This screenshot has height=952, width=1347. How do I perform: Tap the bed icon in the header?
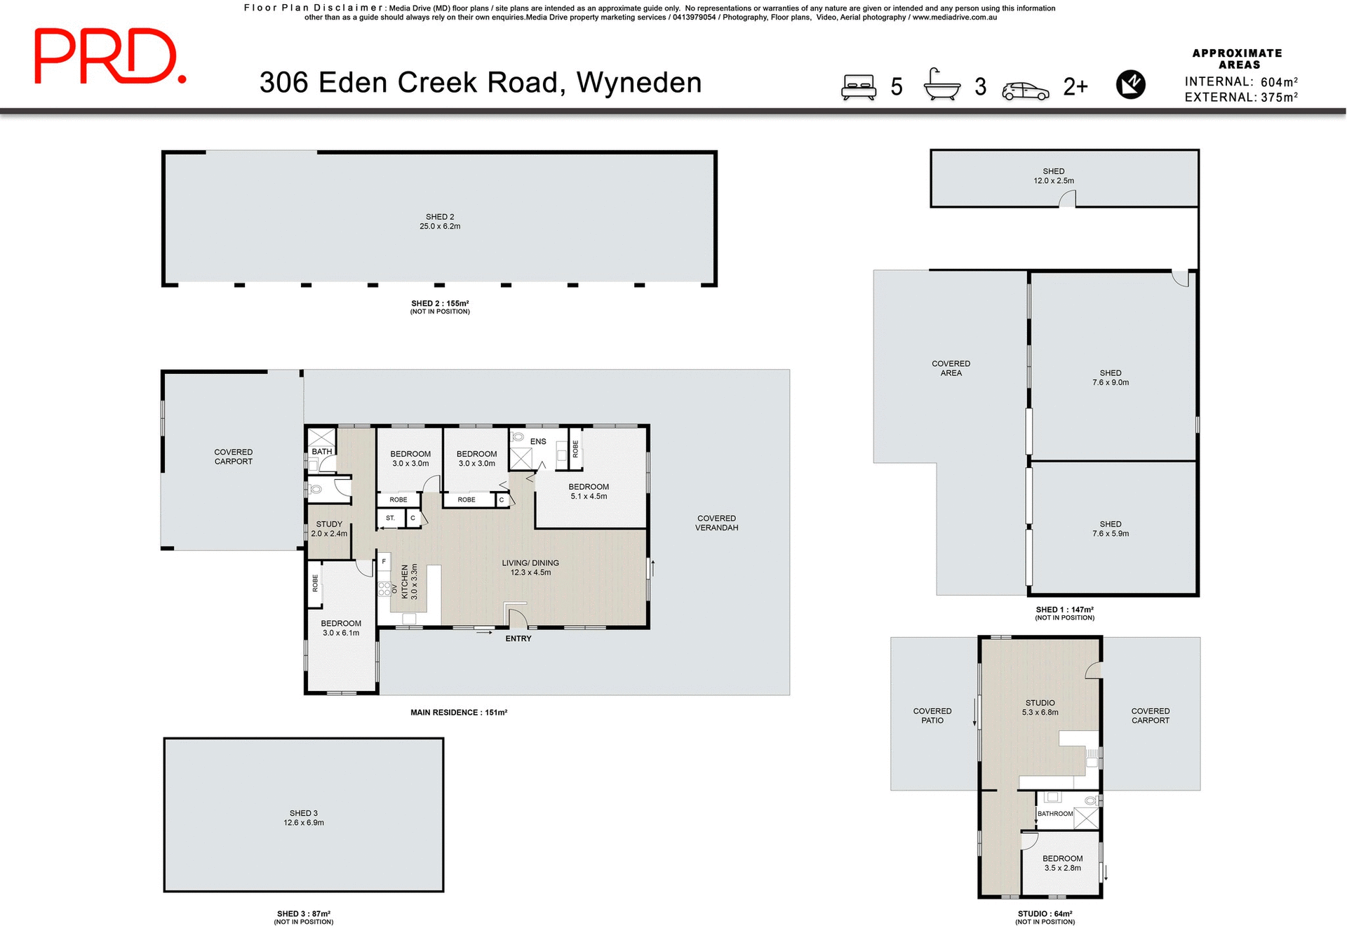(x=859, y=87)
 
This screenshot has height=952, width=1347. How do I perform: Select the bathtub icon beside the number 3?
(x=941, y=86)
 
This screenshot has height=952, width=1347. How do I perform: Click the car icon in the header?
(x=1025, y=91)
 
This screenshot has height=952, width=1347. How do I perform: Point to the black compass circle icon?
(x=1130, y=85)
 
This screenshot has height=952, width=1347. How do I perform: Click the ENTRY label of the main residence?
(x=518, y=638)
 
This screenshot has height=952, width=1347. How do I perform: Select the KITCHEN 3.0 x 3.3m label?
(x=409, y=582)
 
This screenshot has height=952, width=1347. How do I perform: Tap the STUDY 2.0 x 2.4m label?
(x=329, y=529)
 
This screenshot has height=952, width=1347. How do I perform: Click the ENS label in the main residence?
(x=538, y=441)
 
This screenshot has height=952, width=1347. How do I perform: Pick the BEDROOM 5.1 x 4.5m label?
(x=589, y=491)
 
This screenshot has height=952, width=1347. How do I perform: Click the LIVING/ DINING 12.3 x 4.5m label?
(x=530, y=568)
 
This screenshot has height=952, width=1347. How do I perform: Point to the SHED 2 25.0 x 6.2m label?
(x=440, y=222)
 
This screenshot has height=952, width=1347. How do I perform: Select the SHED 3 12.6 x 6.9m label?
(x=304, y=818)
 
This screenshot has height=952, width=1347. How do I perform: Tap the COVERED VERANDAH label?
(x=716, y=523)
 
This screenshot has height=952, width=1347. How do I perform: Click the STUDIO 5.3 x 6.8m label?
(x=1040, y=707)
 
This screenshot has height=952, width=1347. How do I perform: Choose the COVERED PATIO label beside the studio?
(x=932, y=716)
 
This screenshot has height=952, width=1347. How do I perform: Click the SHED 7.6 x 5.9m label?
(x=1111, y=529)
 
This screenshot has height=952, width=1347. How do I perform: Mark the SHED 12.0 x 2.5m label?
(x=1053, y=176)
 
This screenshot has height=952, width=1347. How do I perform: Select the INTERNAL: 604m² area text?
(x=1240, y=82)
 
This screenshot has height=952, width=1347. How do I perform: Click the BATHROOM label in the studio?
(x=1055, y=814)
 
